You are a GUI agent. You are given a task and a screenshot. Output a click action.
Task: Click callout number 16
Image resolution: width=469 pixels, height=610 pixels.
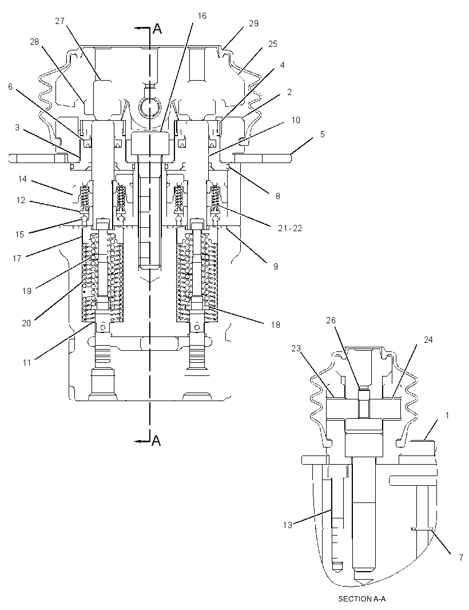click(202, 16)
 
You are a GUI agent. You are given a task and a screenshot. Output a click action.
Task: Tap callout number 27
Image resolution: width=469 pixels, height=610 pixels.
click(59, 21)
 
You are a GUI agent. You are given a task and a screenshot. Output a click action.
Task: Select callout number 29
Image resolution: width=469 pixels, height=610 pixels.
click(253, 23)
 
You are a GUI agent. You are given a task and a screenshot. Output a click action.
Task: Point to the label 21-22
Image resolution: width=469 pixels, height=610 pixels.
click(290, 228)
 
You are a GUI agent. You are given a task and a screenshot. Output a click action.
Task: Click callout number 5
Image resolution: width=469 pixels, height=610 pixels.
click(323, 134)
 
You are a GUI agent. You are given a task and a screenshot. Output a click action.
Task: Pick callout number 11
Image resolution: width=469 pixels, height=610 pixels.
click(27, 363)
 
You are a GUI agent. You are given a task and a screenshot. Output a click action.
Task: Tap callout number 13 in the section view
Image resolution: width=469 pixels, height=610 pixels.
click(287, 525)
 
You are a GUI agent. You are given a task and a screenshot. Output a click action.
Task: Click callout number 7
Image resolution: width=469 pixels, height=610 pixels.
click(461, 558)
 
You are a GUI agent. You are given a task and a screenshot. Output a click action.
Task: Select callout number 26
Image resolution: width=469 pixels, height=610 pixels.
click(331, 320)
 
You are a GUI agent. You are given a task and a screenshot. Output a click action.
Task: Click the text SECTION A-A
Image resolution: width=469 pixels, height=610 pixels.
click(361, 599)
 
